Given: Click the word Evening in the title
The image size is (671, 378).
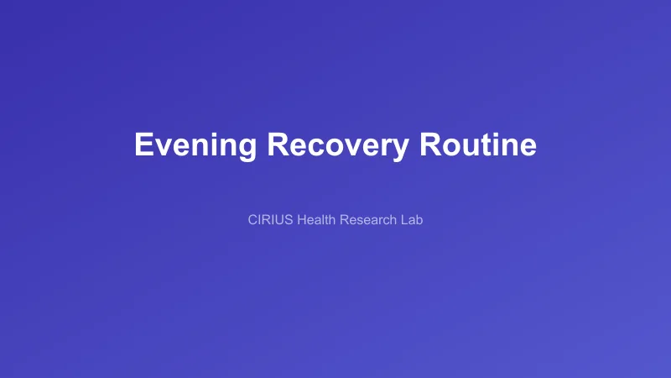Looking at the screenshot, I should (x=195, y=144).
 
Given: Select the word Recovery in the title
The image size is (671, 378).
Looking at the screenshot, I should (x=338, y=144).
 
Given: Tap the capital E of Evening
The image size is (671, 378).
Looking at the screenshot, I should (x=144, y=144).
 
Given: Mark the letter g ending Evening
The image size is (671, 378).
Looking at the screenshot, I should (x=247, y=148).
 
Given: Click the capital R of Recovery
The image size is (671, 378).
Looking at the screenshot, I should (x=278, y=144).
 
